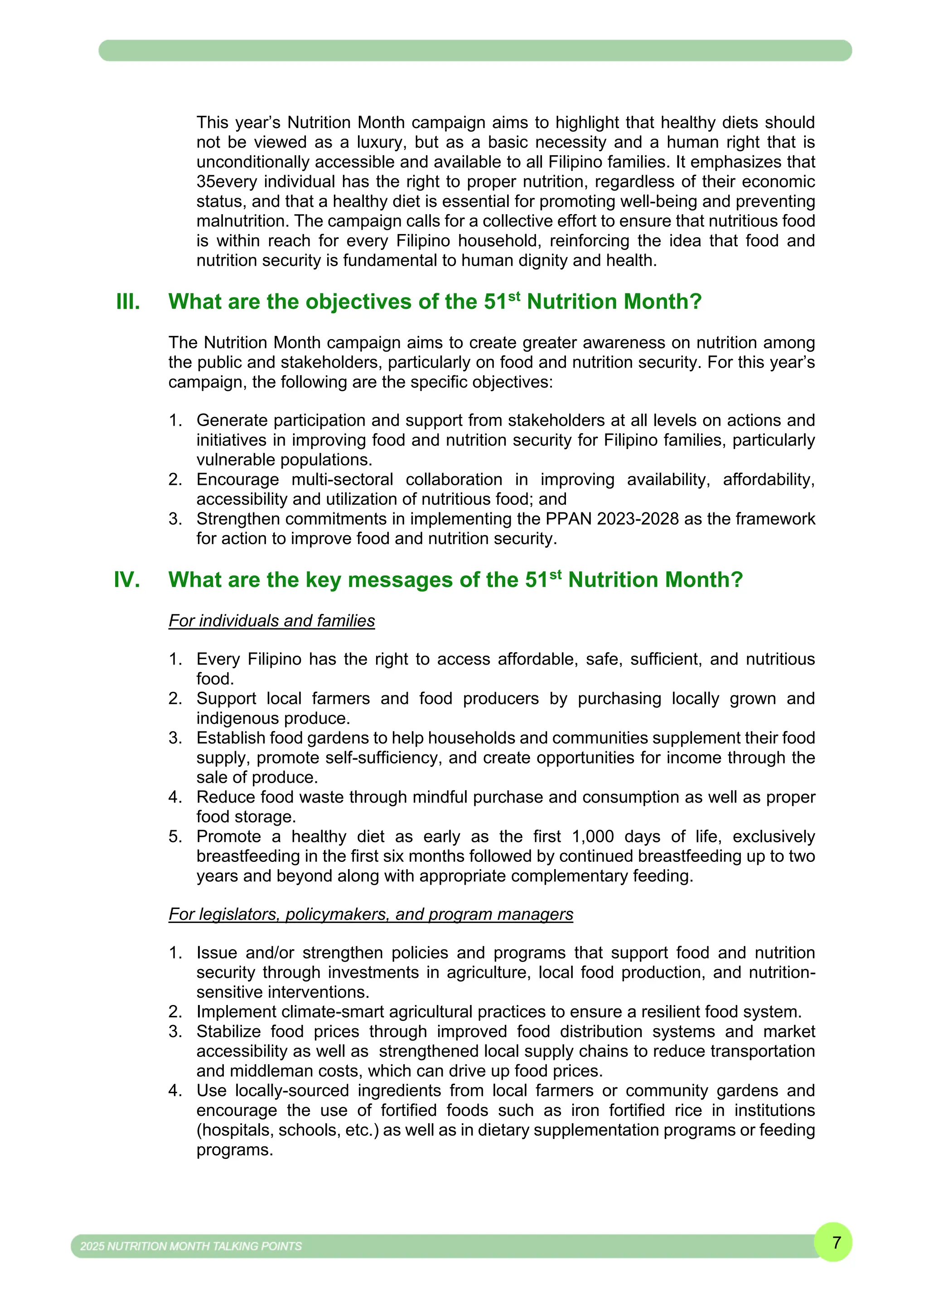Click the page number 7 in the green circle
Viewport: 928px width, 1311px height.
tap(836, 1242)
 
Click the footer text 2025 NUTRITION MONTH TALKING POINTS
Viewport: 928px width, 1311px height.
tap(191, 1246)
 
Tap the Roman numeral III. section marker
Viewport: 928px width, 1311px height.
tap(128, 301)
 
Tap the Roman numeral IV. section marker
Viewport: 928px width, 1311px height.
tap(127, 579)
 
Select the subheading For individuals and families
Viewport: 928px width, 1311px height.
tap(271, 621)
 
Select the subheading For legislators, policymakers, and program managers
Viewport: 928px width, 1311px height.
tap(370, 914)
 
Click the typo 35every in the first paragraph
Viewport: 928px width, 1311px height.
tap(225, 182)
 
